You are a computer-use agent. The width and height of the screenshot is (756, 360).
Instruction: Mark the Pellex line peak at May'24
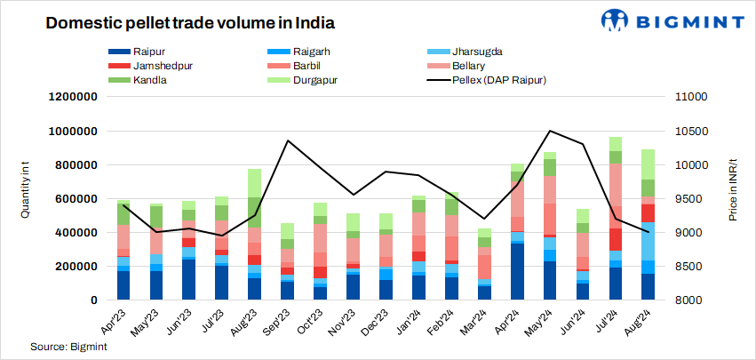coord(551,131)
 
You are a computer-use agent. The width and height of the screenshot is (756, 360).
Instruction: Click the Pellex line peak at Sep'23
coord(288,140)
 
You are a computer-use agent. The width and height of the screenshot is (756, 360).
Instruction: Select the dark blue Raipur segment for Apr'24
coord(517,271)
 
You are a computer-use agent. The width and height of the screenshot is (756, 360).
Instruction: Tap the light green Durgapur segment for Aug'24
coord(648,164)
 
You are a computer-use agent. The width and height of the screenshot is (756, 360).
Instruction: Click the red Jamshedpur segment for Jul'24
coord(615,239)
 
